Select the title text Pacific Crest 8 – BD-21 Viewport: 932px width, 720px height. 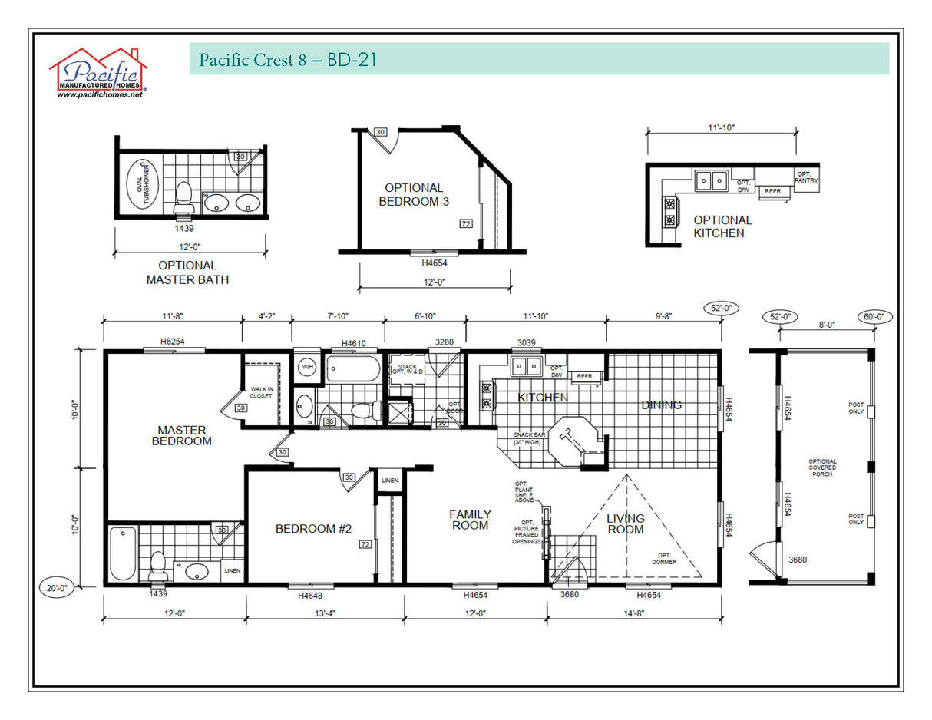click(x=287, y=60)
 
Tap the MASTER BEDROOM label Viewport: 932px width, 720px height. click(x=181, y=435)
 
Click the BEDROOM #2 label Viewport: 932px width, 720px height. click(x=313, y=529)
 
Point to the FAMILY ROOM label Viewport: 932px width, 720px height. click(x=470, y=520)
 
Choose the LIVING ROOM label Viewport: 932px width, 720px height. click(x=625, y=523)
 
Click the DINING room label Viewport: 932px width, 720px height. click(x=661, y=405)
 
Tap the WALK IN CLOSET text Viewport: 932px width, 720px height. click(x=261, y=392)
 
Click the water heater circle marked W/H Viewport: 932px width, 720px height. click(x=307, y=367)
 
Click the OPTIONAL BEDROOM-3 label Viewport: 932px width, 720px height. click(x=414, y=194)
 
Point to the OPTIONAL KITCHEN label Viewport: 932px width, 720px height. click(x=722, y=226)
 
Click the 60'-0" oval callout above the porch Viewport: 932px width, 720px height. click(x=874, y=316)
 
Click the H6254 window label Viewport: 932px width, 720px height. click(x=172, y=342)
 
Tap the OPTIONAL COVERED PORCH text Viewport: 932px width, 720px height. click(x=821, y=467)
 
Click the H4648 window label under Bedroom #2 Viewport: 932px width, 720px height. click(x=309, y=595)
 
